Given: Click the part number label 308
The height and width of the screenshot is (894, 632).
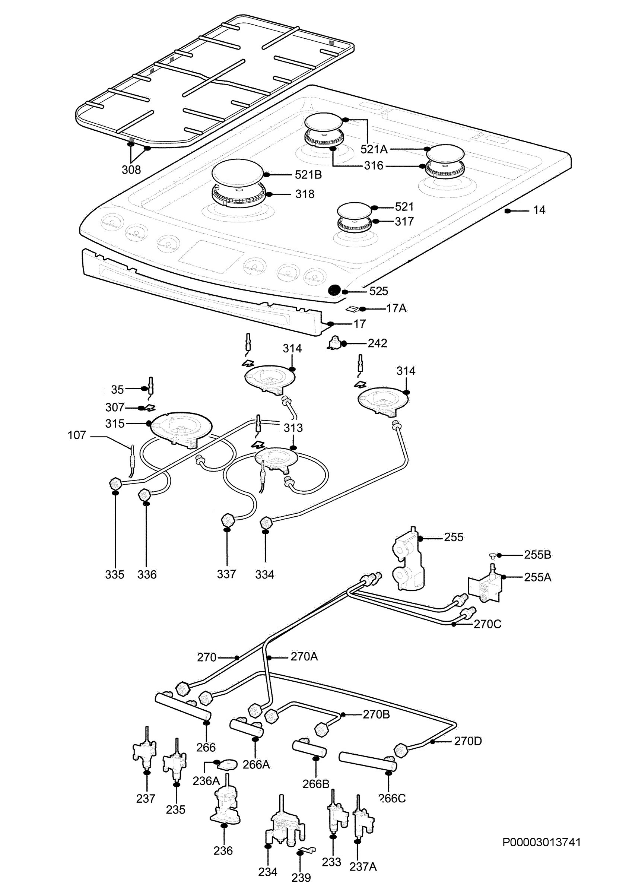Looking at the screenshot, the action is (x=131, y=170).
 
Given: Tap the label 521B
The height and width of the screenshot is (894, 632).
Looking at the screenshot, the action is (x=308, y=175).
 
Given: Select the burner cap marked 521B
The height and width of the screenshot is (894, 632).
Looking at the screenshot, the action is (x=238, y=174).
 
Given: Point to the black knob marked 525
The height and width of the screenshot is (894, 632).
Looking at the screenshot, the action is (x=334, y=290).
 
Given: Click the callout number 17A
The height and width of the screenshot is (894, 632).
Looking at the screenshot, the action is (x=396, y=308).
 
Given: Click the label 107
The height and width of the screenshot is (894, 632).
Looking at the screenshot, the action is (x=77, y=435).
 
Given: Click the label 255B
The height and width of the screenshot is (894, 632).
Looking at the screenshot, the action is (x=537, y=555).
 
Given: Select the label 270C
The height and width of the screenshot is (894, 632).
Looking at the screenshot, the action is (x=487, y=624).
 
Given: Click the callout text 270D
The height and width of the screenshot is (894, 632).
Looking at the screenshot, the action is (x=468, y=741).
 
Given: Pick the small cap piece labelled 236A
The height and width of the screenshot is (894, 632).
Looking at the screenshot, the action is (x=228, y=764).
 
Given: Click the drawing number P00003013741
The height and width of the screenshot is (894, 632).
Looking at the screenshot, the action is (x=542, y=842).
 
